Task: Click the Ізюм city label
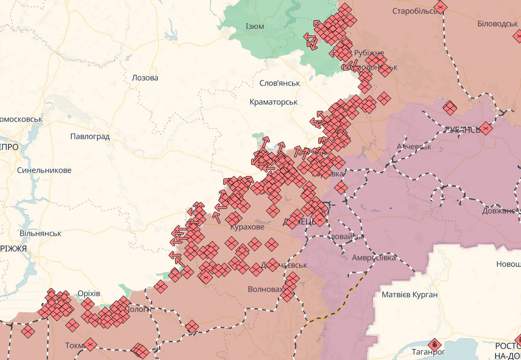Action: point(254,26)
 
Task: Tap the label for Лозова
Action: point(145,78)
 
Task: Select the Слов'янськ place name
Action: point(279,83)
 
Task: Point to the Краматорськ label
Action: point(274,102)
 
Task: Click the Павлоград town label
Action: point(90,137)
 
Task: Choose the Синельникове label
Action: point(44,170)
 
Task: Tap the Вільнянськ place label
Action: point(41,234)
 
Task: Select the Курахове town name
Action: point(247,227)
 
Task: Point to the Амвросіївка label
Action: point(373,258)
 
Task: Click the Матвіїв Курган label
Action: point(409,294)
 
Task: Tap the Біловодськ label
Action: point(497,24)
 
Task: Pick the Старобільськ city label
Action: point(414,11)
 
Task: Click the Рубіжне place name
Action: point(369,53)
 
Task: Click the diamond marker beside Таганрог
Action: point(435,344)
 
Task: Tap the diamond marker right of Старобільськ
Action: point(440,7)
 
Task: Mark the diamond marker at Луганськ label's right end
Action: point(485,128)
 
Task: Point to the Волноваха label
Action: point(264,290)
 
